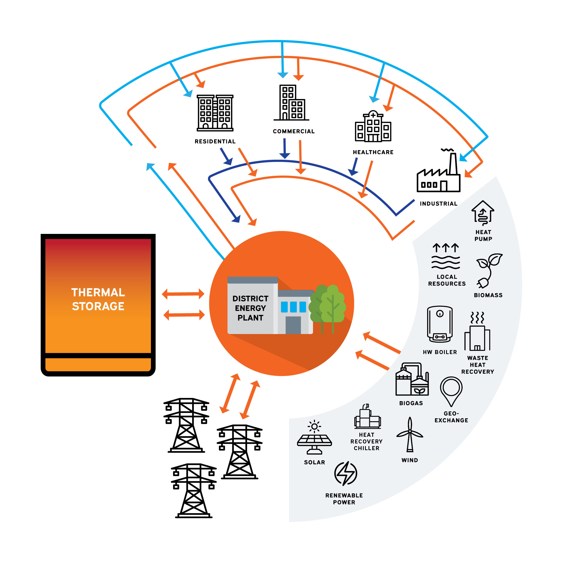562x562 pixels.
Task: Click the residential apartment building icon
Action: (215, 113)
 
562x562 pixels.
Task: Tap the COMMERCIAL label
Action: (294, 131)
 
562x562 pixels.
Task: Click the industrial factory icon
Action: (439, 170)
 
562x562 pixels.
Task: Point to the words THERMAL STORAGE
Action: (98, 299)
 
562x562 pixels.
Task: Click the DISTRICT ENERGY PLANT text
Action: (250, 308)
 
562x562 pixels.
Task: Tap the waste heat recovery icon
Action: (477, 331)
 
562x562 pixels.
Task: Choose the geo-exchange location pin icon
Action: (451, 392)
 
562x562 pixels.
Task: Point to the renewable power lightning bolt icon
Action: (345, 474)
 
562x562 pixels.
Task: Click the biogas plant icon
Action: (412, 379)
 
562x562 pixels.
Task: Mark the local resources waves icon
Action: (446, 256)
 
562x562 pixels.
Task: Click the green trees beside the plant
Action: (327, 308)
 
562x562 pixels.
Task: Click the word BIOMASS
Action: (488, 295)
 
